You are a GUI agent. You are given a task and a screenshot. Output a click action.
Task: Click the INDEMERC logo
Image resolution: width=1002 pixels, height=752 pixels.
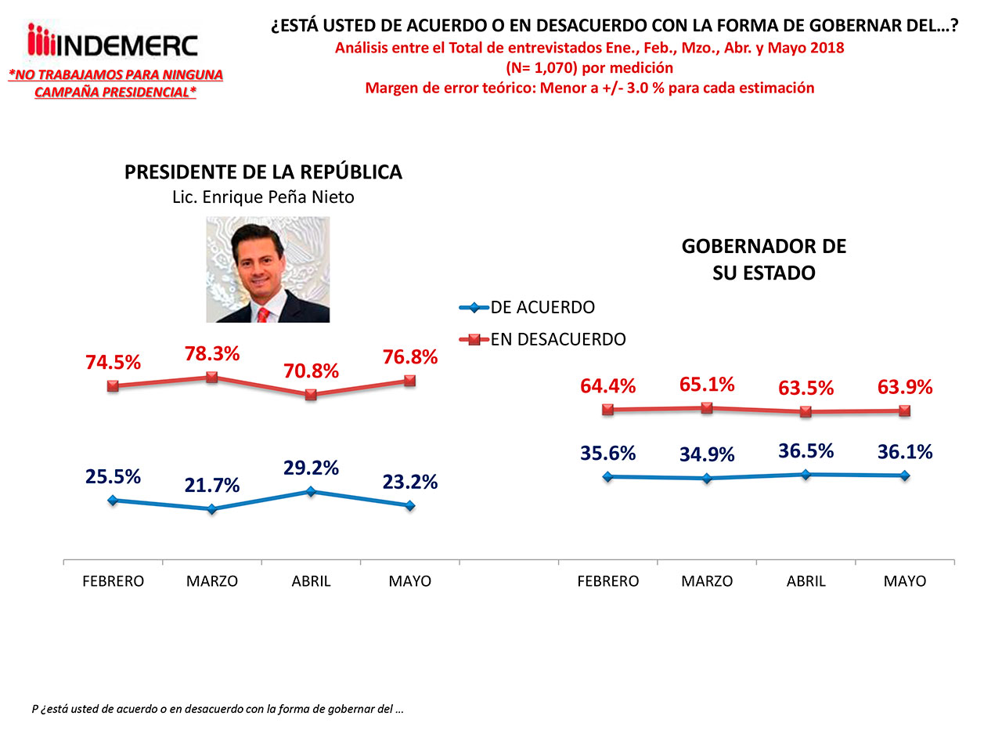coord(113,42)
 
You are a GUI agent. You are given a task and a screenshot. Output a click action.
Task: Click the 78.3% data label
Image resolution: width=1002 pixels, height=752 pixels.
coord(212,354)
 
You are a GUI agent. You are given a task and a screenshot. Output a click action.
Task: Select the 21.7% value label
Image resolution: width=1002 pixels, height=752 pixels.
coord(212,486)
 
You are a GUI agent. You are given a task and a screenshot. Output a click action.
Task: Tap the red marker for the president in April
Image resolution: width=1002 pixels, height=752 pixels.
coord(311,395)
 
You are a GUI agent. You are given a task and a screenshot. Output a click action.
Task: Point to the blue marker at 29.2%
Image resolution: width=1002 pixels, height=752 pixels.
coord(311,492)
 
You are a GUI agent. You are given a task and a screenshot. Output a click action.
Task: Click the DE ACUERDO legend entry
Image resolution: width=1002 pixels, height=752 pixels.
coord(528,308)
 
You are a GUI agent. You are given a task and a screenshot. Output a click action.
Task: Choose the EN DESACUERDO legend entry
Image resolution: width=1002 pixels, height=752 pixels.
coord(543,340)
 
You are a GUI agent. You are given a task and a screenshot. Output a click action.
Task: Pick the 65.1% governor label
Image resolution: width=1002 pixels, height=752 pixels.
coord(707,385)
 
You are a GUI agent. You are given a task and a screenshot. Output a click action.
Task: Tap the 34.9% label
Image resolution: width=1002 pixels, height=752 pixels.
coord(707,455)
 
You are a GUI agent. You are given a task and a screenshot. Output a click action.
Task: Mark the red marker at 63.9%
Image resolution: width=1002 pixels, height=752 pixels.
coord(905,410)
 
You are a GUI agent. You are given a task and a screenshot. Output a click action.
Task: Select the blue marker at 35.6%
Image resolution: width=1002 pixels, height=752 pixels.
coord(608,476)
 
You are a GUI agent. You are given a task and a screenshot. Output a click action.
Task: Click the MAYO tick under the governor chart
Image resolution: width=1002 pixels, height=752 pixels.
coord(905,581)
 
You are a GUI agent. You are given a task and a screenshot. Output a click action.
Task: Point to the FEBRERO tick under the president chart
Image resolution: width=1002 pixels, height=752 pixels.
coord(114,581)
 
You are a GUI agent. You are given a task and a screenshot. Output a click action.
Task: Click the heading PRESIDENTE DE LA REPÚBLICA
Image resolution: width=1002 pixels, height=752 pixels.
coord(263,172)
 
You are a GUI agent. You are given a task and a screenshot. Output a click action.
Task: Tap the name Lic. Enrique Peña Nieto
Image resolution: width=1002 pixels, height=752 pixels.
coord(263,197)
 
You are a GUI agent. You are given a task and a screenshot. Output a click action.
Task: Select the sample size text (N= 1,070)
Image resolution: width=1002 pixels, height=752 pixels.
coord(589,68)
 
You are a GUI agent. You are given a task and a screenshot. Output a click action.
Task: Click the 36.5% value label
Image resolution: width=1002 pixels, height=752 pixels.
coord(806,451)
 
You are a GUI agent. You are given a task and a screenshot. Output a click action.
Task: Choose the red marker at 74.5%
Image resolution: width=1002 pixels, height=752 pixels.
coord(114,385)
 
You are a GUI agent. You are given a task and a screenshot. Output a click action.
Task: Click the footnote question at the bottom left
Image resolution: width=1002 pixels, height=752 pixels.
coord(218,709)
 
